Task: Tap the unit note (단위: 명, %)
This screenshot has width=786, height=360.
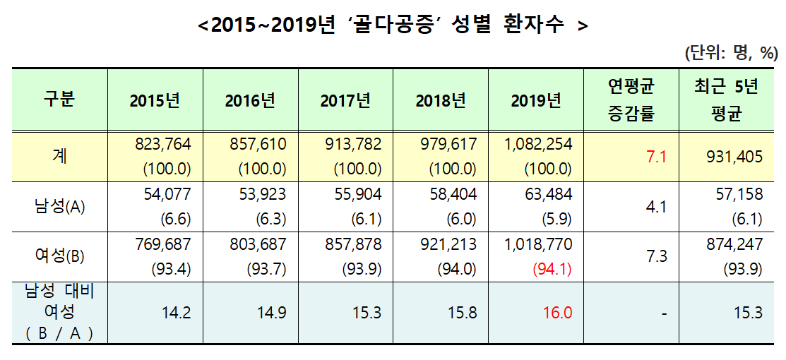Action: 730,52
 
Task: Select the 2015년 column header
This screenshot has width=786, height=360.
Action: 155,100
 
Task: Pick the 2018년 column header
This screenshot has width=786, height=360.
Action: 441,100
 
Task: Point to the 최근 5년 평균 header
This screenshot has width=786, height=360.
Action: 727,100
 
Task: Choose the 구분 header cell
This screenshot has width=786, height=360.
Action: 59,100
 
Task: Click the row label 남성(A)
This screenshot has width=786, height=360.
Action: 59,206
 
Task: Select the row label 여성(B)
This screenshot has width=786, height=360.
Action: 59,256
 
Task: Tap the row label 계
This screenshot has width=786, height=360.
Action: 59,156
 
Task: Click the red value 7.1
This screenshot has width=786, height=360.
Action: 657,157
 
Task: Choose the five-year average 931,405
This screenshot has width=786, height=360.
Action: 734,157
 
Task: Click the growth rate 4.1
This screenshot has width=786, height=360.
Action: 657,207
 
